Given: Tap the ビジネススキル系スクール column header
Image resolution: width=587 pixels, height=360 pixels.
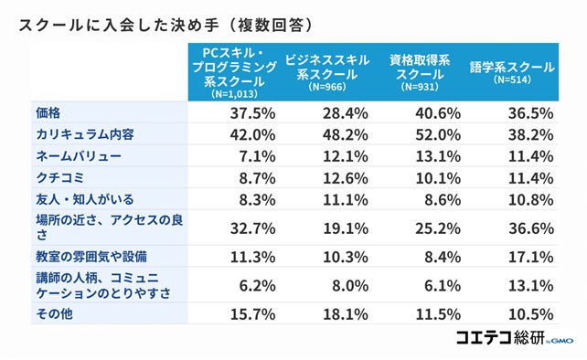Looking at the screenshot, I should coord(326,69).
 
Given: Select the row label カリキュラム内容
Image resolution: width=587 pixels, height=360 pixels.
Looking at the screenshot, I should coord(83,133).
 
